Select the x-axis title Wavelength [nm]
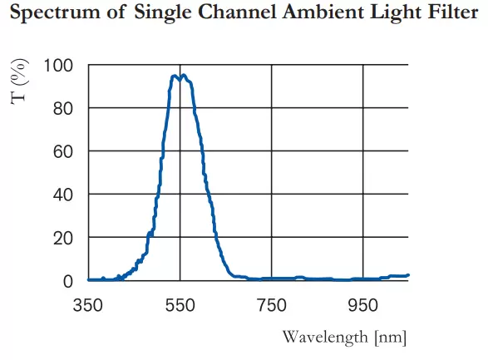(344, 337)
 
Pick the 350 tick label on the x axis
(88, 304)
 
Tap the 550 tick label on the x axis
(180, 304)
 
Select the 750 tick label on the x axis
(272, 304)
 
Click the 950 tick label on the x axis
(363, 304)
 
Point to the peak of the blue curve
(182, 76)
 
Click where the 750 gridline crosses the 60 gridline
(272, 151)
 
